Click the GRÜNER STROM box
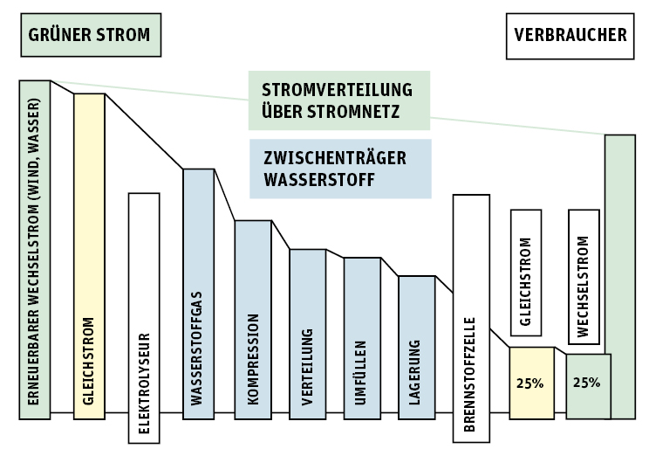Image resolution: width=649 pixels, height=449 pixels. tap(91, 35)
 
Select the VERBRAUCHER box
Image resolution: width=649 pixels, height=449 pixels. tap(570, 36)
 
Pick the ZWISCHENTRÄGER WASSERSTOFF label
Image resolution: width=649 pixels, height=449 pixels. tap(339, 169)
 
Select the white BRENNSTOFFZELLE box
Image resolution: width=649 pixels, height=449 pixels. tap(471, 318)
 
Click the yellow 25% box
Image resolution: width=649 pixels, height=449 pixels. tap(531, 383)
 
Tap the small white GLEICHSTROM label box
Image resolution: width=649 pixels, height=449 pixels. tap(525, 272)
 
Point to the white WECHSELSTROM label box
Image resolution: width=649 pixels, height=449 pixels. tap(584, 275)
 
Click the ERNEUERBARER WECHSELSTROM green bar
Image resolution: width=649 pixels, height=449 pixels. tap(35, 249)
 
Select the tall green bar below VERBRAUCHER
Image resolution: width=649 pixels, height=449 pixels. tap(619, 276)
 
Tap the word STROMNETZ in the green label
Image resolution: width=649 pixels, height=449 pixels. tap(359, 112)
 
